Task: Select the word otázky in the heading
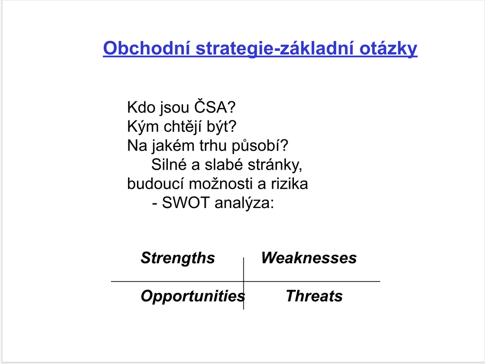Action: tap(388, 48)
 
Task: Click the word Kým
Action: tap(143, 127)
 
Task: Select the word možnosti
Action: tap(223, 183)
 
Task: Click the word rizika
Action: tap(290, 184)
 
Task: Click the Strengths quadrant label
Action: tap(177, 258)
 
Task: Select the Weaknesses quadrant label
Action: tap(309, 258)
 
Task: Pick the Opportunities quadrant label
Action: tap(192, 296)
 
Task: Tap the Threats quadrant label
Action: tap(314, 296)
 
